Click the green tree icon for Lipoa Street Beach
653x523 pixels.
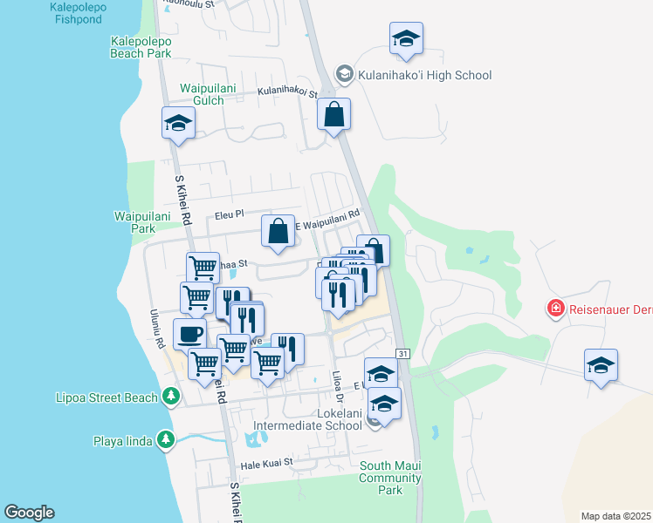[172, 397]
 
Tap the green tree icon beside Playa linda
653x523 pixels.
[165, 440]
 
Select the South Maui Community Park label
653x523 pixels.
[390, 478]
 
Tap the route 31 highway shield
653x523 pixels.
[402, 353]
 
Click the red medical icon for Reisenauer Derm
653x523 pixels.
[554, 308]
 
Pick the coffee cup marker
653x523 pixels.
[190, 334]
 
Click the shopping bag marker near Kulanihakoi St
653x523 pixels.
[333, 114]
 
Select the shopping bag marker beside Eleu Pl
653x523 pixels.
[278, 233]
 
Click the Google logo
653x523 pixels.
[29, 513]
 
